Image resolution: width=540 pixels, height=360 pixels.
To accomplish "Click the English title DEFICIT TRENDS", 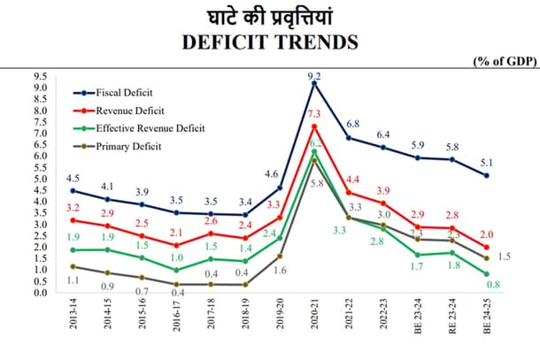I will [x=269, y=41].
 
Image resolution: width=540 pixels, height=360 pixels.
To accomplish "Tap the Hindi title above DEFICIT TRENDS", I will [x=269, y=15].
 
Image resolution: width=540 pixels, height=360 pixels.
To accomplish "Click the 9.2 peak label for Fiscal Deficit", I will [x=313, y=77].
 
